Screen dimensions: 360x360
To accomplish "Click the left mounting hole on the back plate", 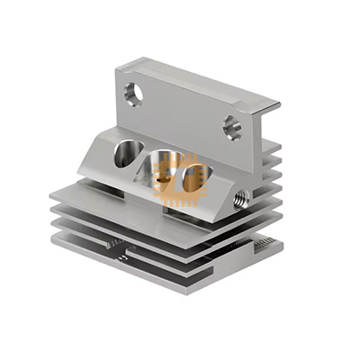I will tap(133, 93).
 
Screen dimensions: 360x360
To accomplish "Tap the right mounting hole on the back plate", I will tap(232, 127).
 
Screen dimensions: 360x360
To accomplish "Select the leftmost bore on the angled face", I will tap(124, 154).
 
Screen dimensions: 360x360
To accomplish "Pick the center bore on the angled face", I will tap(163, 167).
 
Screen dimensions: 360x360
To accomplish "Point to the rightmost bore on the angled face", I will tap(193, 177).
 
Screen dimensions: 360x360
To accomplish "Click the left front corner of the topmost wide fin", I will tap(52, 193).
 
